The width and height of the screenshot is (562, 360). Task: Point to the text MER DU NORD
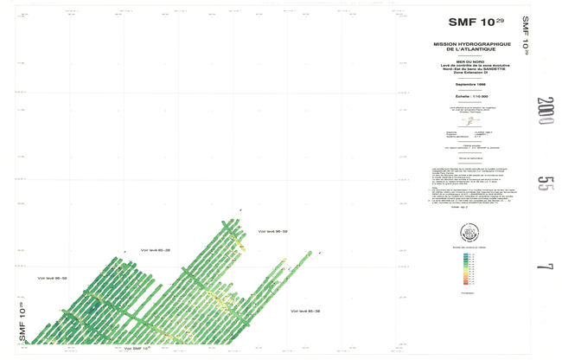(x=469, y=62)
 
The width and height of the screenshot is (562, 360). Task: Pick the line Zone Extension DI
(x=469, y=75)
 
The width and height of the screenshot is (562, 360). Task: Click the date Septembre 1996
(x=469, y=84)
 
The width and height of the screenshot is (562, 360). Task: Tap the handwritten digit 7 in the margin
(x=545, y=265)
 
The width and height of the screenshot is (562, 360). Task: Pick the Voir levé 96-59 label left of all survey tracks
(x=53, y=279)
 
